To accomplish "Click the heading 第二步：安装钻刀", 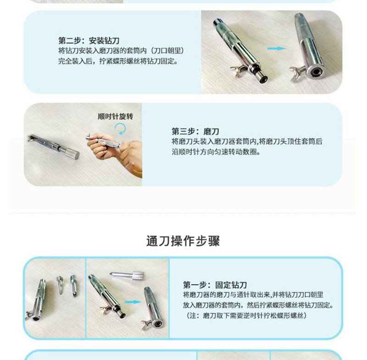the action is (89, 41).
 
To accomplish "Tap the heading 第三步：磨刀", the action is (195, 131).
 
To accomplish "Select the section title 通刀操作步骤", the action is (183, 241).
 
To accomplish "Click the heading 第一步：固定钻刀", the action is (215, 285).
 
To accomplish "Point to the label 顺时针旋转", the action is (116, 117).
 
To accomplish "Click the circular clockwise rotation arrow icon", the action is (121, 129).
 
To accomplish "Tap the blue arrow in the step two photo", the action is (277, 49).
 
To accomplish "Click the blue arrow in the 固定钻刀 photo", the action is (133, 302).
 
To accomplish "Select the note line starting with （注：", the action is (246, 315).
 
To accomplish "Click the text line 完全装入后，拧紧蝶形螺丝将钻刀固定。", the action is (118, 61).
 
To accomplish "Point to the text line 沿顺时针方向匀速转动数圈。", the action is (216, 152).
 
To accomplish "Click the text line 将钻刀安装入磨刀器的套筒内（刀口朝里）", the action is (121, 51).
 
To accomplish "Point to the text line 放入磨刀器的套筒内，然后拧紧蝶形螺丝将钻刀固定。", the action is (258, 305).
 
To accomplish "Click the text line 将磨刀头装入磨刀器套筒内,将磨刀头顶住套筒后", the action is (247, 141).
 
